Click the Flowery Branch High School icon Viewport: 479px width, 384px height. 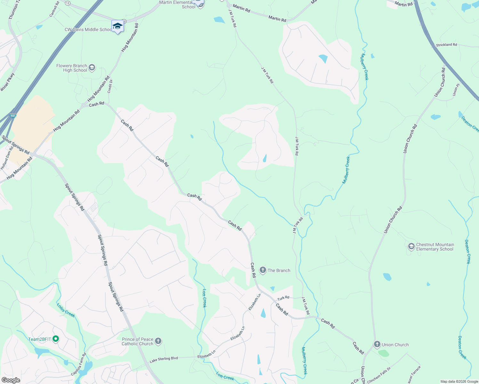tap(92, 68)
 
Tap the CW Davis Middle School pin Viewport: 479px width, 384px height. tap(118, 27)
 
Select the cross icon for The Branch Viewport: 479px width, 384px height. tap(263, 270)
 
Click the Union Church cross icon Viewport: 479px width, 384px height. tap(377, 345)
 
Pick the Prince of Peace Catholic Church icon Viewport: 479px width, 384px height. tap(158, 341)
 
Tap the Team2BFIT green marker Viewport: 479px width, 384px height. tap(56, 339)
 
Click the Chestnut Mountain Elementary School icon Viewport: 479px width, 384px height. tap(411, 247)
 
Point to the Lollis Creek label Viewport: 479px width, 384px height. tap(66, 310)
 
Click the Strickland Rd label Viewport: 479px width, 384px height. tap(446, 45)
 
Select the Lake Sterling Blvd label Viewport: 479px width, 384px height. tap(164, 360)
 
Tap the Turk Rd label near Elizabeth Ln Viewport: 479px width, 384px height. tap(283, 298)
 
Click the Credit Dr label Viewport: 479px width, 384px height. tap(110, 86)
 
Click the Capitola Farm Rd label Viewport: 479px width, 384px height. tap(79, 364)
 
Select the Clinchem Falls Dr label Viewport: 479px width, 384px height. tap(379, 375)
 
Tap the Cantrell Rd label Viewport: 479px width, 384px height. tap(54, 9)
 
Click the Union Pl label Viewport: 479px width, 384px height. tap(456, 90)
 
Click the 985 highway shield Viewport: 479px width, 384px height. tap(13, 116)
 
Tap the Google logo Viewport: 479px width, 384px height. tap(11, 380)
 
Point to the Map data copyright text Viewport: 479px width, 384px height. tap(459, 381)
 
